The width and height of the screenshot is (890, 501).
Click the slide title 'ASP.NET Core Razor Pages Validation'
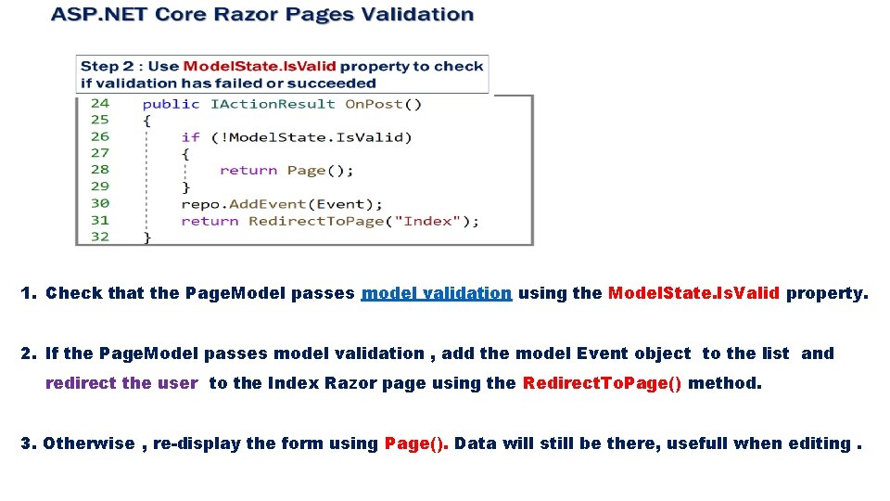coord(262,15)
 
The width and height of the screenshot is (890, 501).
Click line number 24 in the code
coord(99,103)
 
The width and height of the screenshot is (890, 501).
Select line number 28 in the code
coord(99,170)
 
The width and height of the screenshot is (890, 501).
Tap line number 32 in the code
coord(99,237)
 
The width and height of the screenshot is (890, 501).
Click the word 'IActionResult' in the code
coord(273,104)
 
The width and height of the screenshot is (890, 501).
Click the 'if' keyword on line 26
coord(190,137)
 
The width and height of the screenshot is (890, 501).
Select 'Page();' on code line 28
coord(320,171)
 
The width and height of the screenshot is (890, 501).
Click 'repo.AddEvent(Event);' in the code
coord(282,204)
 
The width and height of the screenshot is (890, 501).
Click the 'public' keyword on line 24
coord(171,104)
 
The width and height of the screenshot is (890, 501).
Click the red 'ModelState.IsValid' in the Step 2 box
coord(260,67)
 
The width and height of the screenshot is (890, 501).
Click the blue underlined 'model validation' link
coord(436,293)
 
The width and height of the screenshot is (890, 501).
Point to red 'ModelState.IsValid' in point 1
coord(693,293)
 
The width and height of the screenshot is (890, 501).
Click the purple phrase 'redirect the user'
coord(121,383)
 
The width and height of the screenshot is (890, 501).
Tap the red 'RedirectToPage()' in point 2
coord(603,383)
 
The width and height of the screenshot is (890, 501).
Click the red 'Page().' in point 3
coord(416,443)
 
